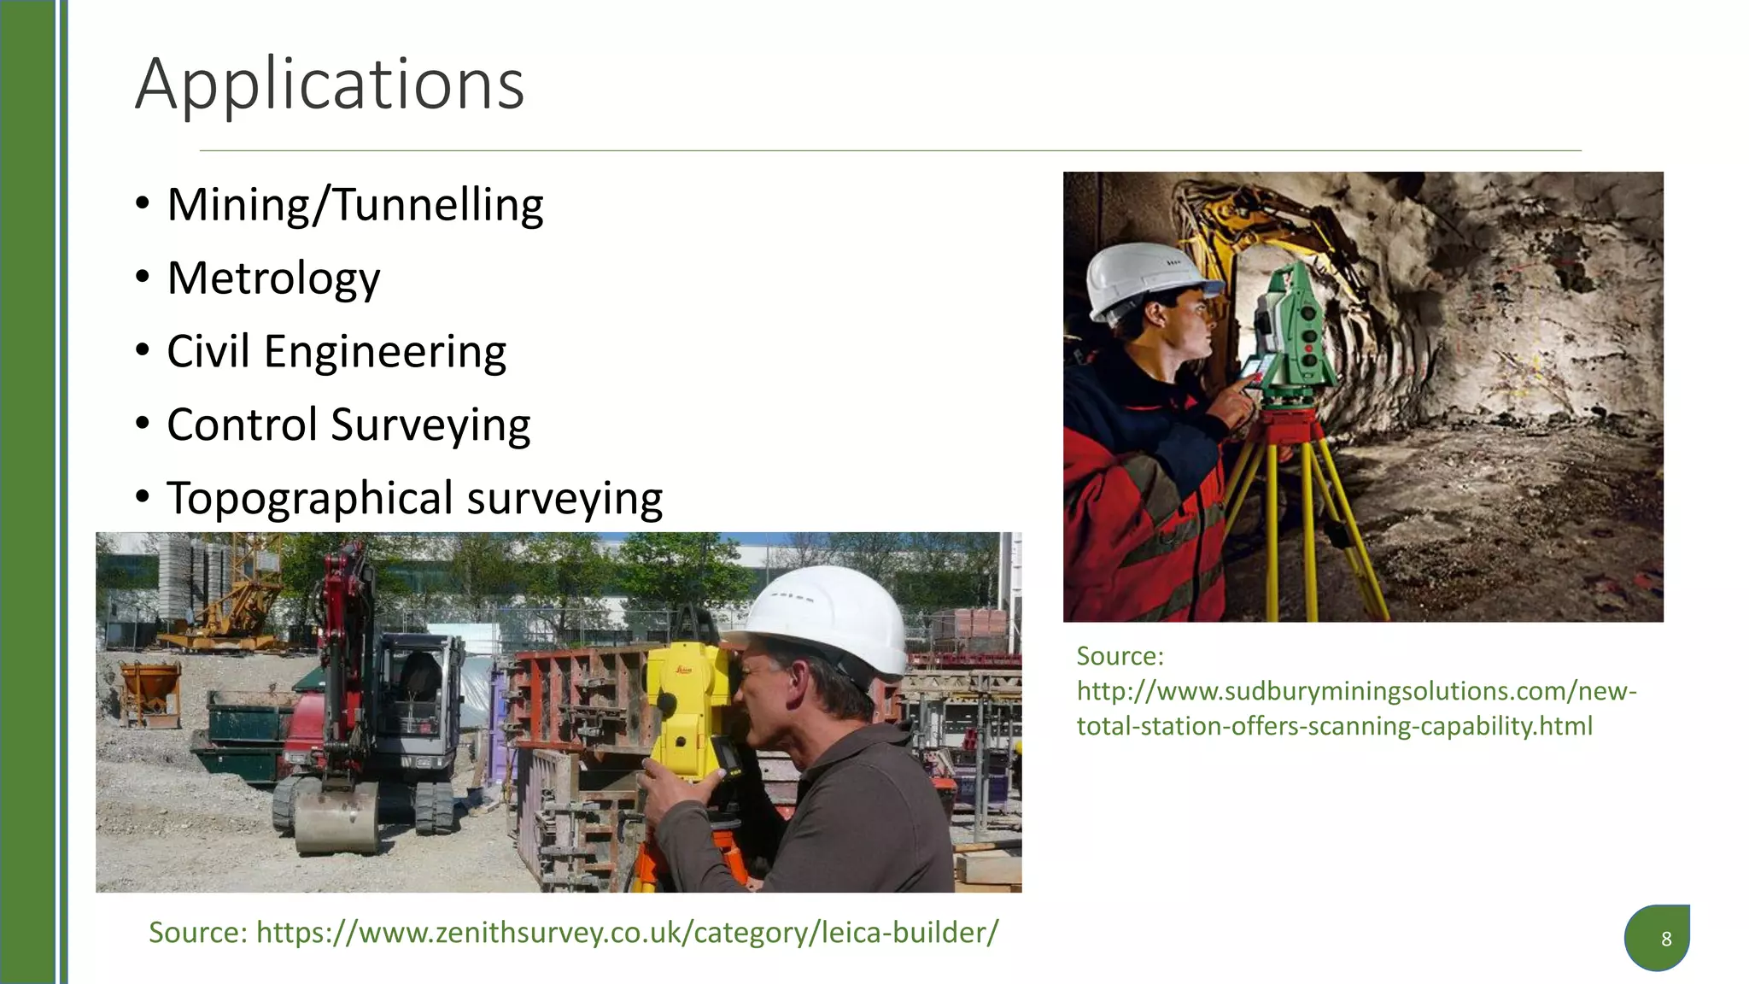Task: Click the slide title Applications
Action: click(330, 85)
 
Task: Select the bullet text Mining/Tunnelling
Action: click(355, 205)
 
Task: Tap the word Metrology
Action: click(273, 278)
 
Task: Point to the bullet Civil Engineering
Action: click(336, 352)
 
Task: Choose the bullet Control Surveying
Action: click(348, 425)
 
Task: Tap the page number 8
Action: click(1665, 940)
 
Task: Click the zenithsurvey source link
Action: click(627, 932)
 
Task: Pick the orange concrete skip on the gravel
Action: click(151, 692)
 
